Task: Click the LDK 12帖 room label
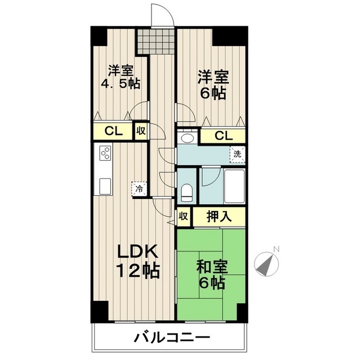click(x=137, y=260)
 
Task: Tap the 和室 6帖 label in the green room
click(x=212, y=273)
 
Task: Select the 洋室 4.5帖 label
click(x=121, y=78)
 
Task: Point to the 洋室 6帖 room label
click(x=212, y=84)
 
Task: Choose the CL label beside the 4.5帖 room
click(x=114, y=132)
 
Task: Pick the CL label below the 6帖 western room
click(x=223, y=136)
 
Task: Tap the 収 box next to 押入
click(x=184, y=216)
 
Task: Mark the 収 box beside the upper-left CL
click(x=140, y=132)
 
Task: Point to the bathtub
click(x=234, y=186)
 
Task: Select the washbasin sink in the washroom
click(x=188, y=137)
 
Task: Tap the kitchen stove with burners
click(x=105, y=153)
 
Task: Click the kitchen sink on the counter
click(x=105, y=185)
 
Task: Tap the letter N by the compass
click(x=276, y=249)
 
